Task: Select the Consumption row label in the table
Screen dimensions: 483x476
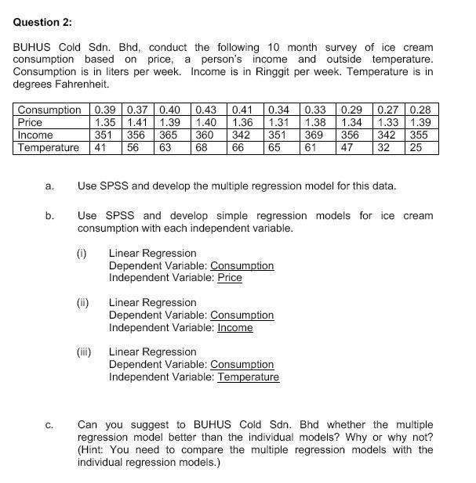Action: pyautogui.click(x=49, y=110)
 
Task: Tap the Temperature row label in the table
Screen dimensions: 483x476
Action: pyautogui.click(x=49, y=147)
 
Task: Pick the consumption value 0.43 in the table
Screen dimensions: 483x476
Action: pyautogui.click(x=205, y=110)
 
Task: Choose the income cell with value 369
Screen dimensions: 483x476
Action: pyautogui.click(x=314, y=135)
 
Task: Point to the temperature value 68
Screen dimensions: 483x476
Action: pyautogui.click(x=202, y=147)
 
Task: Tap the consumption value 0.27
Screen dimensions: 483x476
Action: pyautogui.click(x=388, y=110)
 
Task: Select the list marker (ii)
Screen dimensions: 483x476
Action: pyautogui.click(x=82, y=303)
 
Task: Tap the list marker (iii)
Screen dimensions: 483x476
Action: pyautogui.click(x=84, y=352)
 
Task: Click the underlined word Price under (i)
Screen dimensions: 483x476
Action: pyautogui.click(x=229, y=278)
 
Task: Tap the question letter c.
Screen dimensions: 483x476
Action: pyautogui.click(x=49, y=425)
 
